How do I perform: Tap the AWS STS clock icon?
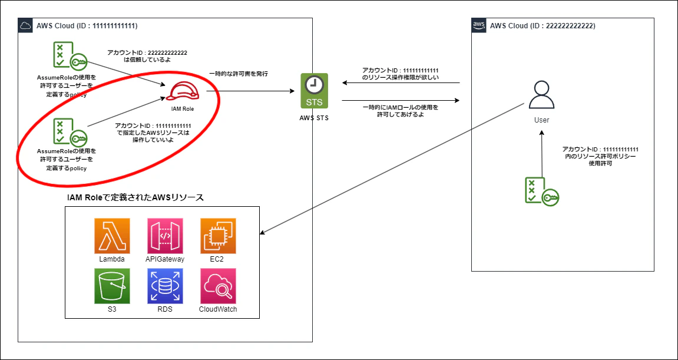(315, 91)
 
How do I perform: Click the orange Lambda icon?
(112, 236)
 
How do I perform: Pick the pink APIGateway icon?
(165, 236)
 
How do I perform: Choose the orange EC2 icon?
(218, 236)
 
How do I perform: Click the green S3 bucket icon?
(112, 286)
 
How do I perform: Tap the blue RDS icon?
(165, 286)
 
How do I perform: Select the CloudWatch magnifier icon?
(218, 286)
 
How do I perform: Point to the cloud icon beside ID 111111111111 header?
(25, 25)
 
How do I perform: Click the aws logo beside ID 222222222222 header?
(479, 25)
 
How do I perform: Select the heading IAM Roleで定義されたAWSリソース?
(135, 198)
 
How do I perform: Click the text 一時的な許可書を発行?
(238, 74)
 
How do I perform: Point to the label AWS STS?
(314, 117)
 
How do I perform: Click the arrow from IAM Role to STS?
(250, 91)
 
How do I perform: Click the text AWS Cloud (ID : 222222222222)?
(543, 26)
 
